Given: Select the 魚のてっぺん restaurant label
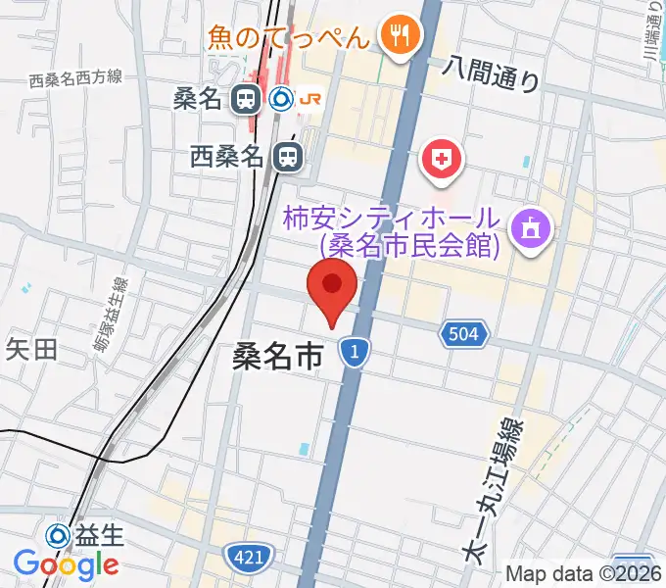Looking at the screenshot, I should click(x=289, y=38).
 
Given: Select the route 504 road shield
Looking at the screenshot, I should click(x=464, y=335).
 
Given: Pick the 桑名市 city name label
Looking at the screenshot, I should click(x=277, y=357).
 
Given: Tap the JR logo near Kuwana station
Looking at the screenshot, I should click(x=309, y=98).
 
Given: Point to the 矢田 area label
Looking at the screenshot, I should click(x=32, y=348).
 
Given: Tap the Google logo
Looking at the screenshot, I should click(x=66, y=564).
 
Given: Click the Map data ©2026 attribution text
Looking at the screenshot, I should click(x=584, y=574).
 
